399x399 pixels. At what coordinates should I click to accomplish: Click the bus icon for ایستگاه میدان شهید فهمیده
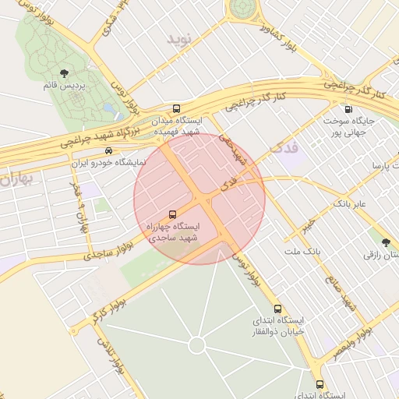click(x=177, y=109)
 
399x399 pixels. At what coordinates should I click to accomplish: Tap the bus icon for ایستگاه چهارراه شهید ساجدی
click(x=172, y=214)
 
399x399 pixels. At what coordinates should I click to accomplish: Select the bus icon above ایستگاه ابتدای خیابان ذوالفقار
click(x=278, y=309)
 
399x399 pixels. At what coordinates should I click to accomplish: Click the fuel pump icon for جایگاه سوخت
click(x=347, y=109)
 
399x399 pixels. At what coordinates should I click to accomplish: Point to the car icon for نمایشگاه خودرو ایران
click(x=108, y=150)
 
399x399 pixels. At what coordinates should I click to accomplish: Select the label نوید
click(x=178, y=37)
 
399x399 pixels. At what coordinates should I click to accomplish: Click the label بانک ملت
click(x=302, y=251)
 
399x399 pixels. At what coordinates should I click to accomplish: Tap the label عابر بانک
click(x=355, y=203)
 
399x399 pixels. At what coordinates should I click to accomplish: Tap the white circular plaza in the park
click(x=196, y=344)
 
